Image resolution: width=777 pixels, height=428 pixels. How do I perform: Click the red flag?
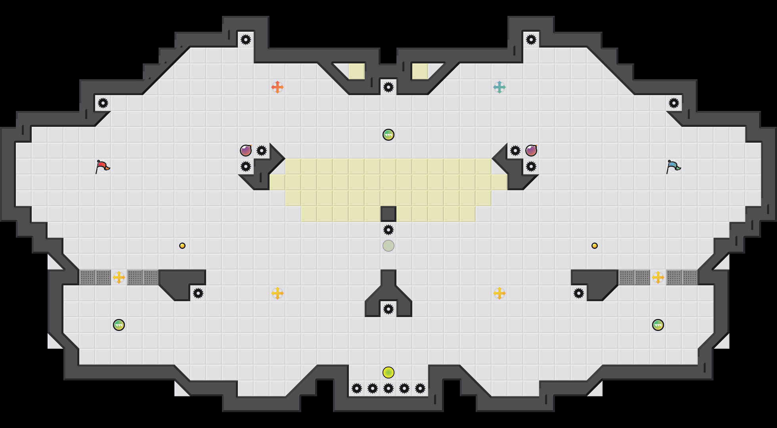pos(102,166)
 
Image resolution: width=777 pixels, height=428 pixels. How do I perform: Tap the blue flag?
pos(673,166)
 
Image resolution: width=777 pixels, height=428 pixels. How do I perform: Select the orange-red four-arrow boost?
pos(277,87)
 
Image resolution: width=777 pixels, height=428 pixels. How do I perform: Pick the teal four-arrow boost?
pos(499,87)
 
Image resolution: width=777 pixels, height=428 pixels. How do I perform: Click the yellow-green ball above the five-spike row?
pos(388,373)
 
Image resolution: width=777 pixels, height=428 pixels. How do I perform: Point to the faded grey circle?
pos(388,246)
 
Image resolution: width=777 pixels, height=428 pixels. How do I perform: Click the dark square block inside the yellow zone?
pos(388,214)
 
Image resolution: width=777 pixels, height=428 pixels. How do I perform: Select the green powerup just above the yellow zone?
pos(388,135)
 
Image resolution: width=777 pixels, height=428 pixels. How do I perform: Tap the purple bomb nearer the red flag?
pos(246,151)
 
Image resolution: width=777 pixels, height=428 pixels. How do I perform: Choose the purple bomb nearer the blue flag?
pos(531,151)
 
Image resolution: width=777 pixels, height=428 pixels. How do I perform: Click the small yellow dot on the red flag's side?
pos(182,246)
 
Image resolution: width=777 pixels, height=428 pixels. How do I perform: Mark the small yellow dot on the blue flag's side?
pos(595,246)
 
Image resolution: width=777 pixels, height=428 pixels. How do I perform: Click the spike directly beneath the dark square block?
pos(388,230)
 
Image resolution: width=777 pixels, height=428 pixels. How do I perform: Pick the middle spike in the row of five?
pos(388,388)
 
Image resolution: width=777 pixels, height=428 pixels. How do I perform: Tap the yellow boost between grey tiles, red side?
pos(119,277)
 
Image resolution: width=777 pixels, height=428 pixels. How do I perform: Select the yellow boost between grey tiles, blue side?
pos(658,277)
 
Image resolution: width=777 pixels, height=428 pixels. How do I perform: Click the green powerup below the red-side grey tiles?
pos(119,325)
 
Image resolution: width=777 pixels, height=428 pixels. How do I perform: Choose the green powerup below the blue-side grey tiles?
pos(658,325)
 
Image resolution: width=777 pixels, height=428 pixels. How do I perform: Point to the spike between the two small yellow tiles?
pos(388,87)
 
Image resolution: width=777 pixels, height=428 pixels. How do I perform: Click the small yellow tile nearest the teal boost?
pos(420,71)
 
